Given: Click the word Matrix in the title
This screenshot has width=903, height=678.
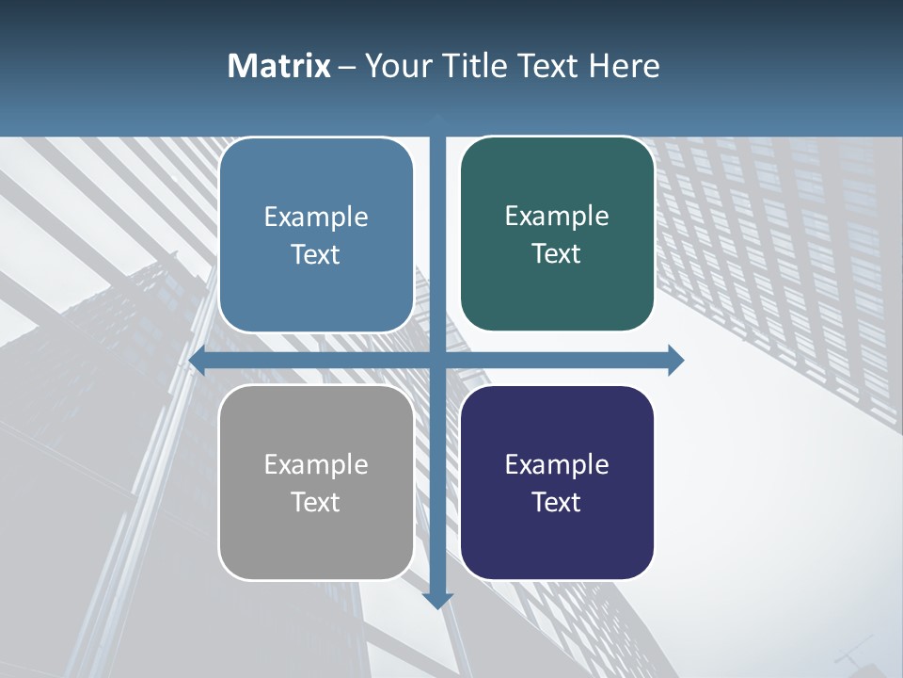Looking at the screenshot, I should [279, 66].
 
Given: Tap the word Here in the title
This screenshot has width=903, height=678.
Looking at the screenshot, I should [625, 66].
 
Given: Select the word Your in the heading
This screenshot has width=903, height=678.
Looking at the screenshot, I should [393, 66].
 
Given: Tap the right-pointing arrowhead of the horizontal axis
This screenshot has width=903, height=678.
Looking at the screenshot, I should [675, 360].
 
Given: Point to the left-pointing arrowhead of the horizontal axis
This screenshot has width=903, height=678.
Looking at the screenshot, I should [198, 360].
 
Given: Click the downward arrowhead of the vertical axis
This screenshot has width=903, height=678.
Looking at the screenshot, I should [437, 600].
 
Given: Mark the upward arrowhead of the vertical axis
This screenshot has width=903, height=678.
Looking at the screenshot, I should [437, 120].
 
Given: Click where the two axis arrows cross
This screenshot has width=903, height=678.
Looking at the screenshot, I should [437, 360].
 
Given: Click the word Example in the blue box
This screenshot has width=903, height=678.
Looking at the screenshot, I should [316, 218].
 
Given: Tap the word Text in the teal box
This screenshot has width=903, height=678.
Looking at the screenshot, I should [557, 254].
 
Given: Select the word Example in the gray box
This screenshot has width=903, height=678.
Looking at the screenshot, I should [316, 464].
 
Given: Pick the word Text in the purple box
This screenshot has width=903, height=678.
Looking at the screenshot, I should [557, 502].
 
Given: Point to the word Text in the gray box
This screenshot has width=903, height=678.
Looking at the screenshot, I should [316, 502].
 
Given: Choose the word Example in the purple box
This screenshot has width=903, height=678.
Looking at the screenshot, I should [557, 464].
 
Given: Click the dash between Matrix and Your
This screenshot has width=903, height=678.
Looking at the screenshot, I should [348, 67].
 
